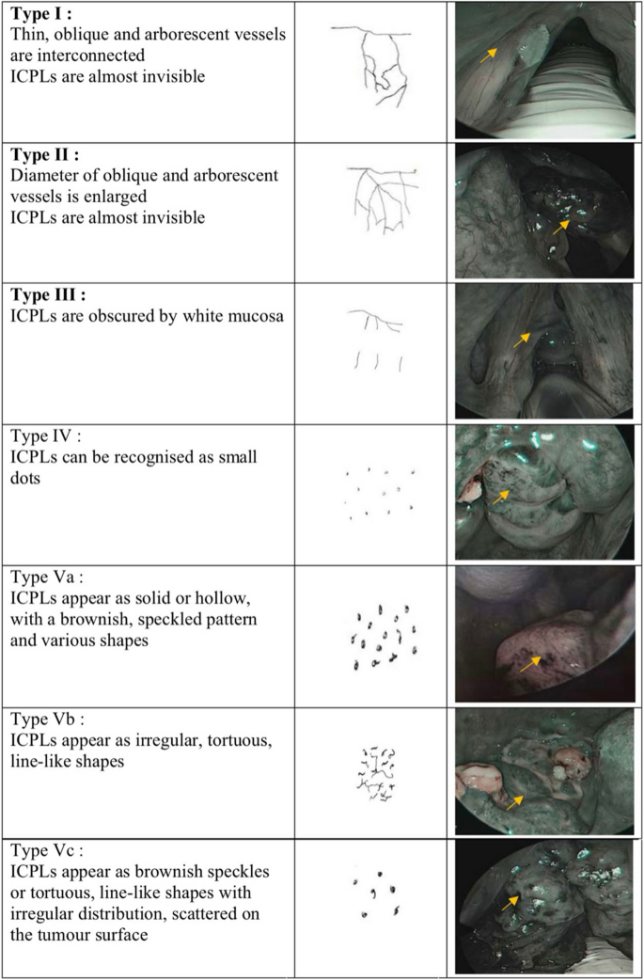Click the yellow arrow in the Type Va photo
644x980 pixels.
(x=530, y=664)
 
